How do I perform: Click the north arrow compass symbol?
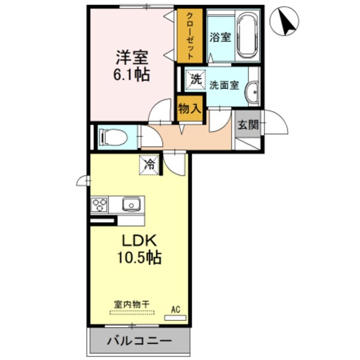coord(284,22)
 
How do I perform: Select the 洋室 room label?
coord(133,59)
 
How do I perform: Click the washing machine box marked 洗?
coord(195,78)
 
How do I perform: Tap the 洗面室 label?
coord(224,85)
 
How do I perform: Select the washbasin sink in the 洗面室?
coord(253,91)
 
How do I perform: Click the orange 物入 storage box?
coord(189,109)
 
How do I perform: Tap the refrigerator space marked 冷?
coord(150,163)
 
